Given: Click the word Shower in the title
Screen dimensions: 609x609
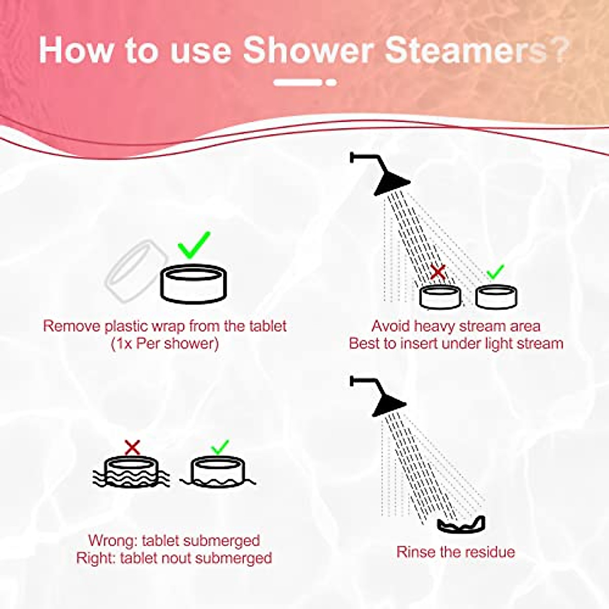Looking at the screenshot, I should (308, 50).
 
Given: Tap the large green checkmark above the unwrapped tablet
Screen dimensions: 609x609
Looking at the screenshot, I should (194, 245).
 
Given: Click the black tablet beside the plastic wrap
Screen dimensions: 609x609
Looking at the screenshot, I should (193, 284).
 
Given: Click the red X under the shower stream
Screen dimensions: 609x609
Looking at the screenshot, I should (437, 273).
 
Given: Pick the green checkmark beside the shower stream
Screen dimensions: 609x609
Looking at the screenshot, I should (495, 273).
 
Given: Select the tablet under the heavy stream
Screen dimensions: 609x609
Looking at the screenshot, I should (440, 297).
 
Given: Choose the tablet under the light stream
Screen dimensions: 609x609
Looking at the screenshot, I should (496, 297).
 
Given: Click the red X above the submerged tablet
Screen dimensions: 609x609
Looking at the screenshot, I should (132, 447).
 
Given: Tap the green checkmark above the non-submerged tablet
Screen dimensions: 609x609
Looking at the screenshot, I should (220, 447).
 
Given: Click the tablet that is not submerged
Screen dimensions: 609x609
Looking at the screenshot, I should (218, 472).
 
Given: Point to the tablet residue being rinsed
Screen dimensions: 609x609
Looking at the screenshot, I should (461, 525).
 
